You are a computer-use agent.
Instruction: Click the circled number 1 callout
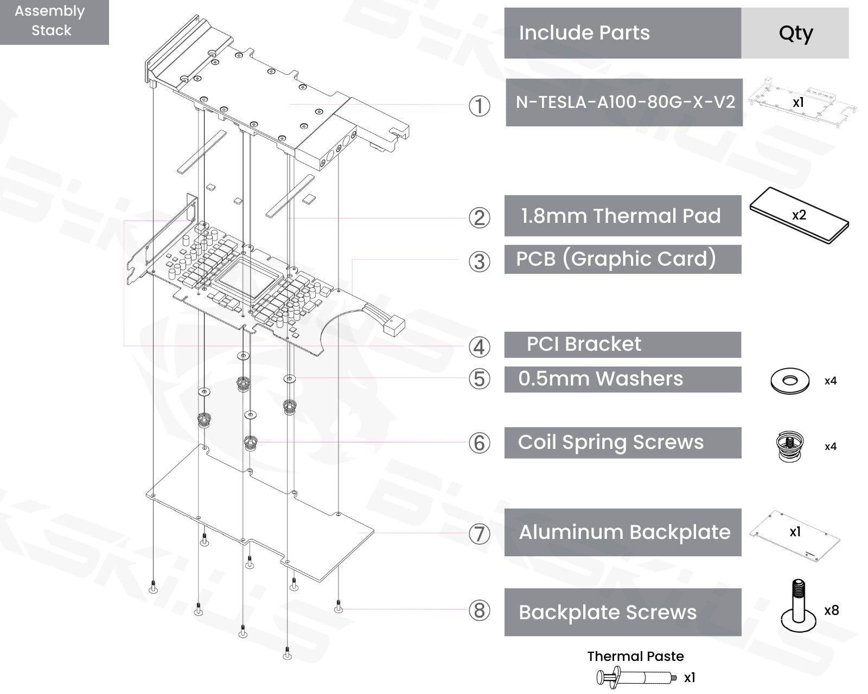(x=479, y=106)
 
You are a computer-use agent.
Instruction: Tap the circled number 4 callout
(x=479, y=346)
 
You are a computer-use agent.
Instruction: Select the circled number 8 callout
(x=479, y=611)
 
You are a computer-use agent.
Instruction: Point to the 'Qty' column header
(x=795, y=33)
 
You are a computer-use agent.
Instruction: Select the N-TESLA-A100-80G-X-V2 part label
(x=624, y=102)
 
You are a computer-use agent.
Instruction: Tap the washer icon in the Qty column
(x=790, y=381)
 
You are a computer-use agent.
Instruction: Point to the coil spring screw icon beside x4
(x=790, y=446)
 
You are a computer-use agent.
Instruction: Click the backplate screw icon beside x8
(x=798, y=608)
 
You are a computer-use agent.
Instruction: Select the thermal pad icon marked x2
(x=799, y=216)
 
